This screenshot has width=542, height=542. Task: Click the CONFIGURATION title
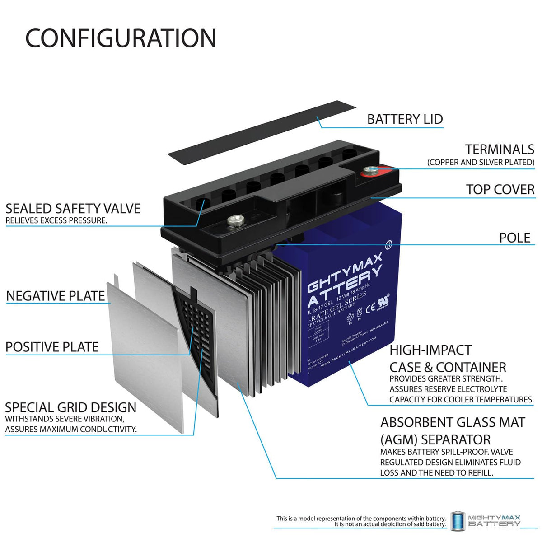click(121, 38)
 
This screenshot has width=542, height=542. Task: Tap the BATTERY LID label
click(405, 119)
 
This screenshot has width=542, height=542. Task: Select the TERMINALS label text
click(500, 150)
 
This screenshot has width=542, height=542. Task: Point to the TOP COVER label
click(500, 190)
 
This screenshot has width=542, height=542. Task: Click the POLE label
click(514, 238)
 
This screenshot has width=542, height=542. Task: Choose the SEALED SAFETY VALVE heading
click(73, 208)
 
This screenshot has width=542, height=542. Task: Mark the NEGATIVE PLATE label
click(56, 296)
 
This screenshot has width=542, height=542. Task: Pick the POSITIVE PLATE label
click(52, 347)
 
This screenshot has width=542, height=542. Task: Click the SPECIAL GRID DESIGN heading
click(70, 407)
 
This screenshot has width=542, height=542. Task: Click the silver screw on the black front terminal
click(234, 221)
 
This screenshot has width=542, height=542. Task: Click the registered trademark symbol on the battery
click(388, 245)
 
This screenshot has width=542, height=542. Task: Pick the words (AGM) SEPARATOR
click(435, 439)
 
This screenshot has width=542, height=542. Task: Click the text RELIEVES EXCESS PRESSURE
click(56, 221)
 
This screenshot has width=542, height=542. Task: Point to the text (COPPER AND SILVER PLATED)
click(481, 162)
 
